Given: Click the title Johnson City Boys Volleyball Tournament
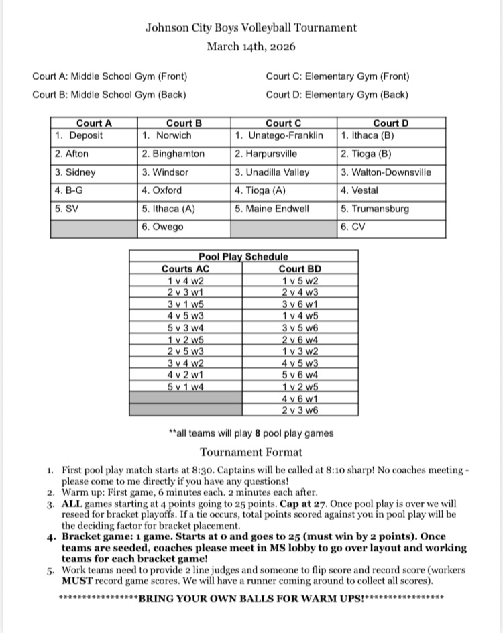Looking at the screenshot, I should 251,27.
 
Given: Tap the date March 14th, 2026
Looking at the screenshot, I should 251,46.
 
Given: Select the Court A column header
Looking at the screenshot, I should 94,123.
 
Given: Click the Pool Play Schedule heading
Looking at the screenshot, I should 243,256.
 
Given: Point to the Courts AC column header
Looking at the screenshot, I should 186,269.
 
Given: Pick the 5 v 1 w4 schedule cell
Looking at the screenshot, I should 186,386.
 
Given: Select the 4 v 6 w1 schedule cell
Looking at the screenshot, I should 300,398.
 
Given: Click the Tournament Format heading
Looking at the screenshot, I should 251,452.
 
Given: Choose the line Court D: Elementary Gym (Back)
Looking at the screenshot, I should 337,95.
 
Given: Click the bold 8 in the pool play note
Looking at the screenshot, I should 257,433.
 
